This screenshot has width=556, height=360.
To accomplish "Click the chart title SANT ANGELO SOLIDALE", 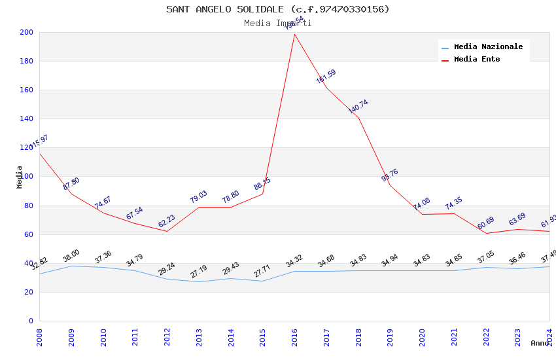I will (x=277, y=9).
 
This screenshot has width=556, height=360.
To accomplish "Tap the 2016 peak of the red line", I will (x=294, y=34).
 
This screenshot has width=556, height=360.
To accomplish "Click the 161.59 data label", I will (x=326, y=77).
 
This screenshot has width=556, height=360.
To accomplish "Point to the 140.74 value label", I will (x=358, y=107).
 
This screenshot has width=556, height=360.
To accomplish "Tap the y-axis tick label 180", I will (x=27, y=62).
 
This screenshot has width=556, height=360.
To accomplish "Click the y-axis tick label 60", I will (x=29, y=234).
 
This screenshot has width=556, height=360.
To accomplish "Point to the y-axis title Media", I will (x=20, y=177).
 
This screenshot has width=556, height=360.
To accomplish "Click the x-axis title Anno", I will (x=540, y=343).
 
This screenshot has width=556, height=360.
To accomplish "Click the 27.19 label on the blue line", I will (x=198, y=270).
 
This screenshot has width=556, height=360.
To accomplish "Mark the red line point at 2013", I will (x=199, y=207).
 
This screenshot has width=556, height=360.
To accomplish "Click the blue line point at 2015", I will (x=262, y=281).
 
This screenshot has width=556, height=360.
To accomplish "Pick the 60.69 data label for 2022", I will (x=486, y=225).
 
